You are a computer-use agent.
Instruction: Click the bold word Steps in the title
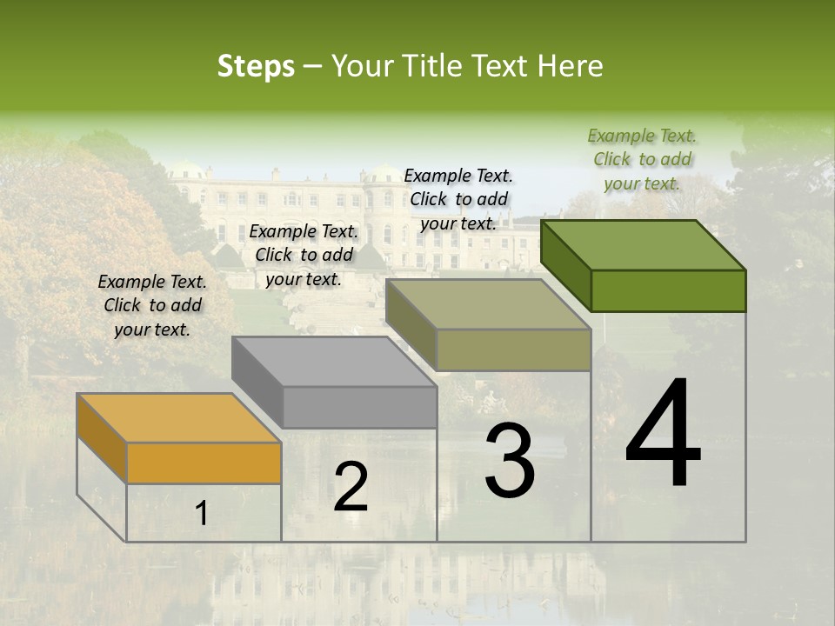tap(256, 66)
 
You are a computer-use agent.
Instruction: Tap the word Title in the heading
tap(434, 66)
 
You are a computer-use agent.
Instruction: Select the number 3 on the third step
tap(510, 460)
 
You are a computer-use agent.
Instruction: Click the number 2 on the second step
tap(351, 487)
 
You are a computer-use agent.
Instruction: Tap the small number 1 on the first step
tap(202, 514)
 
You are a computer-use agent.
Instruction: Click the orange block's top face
tap(179, 417)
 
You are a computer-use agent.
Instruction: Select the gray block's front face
tap(359, 407)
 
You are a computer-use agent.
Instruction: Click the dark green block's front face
tap(668, 290)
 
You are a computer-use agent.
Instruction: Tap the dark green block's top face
tap(644, 244)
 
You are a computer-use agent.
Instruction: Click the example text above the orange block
tap(152, 305)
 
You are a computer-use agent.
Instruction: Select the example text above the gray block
tap(304, 255)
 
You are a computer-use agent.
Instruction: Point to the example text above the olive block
tap(458, 199)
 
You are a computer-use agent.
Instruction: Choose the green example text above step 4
tap(642, 159)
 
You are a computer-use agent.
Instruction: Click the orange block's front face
tap(204, 463)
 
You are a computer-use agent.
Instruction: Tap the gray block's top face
tap(334, 361)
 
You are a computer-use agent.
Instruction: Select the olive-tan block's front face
tap(513, 350)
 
